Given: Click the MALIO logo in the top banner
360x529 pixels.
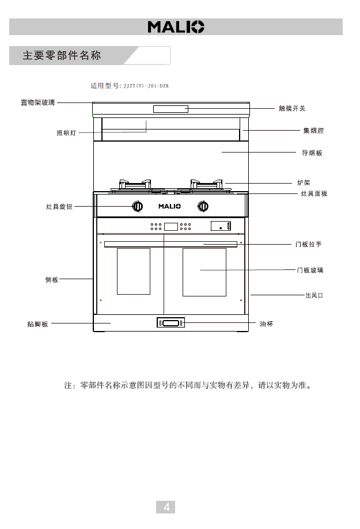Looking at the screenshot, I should click(x=176, y=26).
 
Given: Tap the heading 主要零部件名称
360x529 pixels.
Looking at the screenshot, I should click(x=62, y=56).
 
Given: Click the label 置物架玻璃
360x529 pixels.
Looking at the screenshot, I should click(x=37, y=102).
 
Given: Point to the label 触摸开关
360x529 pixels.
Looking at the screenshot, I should click(x=292, y=108).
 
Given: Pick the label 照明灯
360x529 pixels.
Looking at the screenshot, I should click(x=66, y=133).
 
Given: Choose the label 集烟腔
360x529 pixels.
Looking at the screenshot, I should click(x=313, y=131).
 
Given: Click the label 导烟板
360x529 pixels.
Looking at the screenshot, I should click(x=312, y=153).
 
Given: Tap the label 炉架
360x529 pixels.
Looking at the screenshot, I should click(x=304, y=182).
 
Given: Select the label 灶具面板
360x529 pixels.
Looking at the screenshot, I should click(x=314, y=193).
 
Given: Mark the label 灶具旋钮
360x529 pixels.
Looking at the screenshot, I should click(x=59, y=206).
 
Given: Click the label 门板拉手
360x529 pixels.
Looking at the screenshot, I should click(x=308, y=245).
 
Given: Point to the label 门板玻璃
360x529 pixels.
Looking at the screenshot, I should click(x=310, y=269).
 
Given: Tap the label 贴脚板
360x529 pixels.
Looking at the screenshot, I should click(x=37, y=324).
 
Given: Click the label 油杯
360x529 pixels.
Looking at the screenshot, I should click(x=266, y=324).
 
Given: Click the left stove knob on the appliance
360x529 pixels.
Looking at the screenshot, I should click(x=138, y=206).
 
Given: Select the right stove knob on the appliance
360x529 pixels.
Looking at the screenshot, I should click(x=203, y=206).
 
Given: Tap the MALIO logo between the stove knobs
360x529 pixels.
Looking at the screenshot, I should click(x=170, y=206).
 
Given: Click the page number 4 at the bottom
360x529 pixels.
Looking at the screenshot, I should click(x=166, y=507).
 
